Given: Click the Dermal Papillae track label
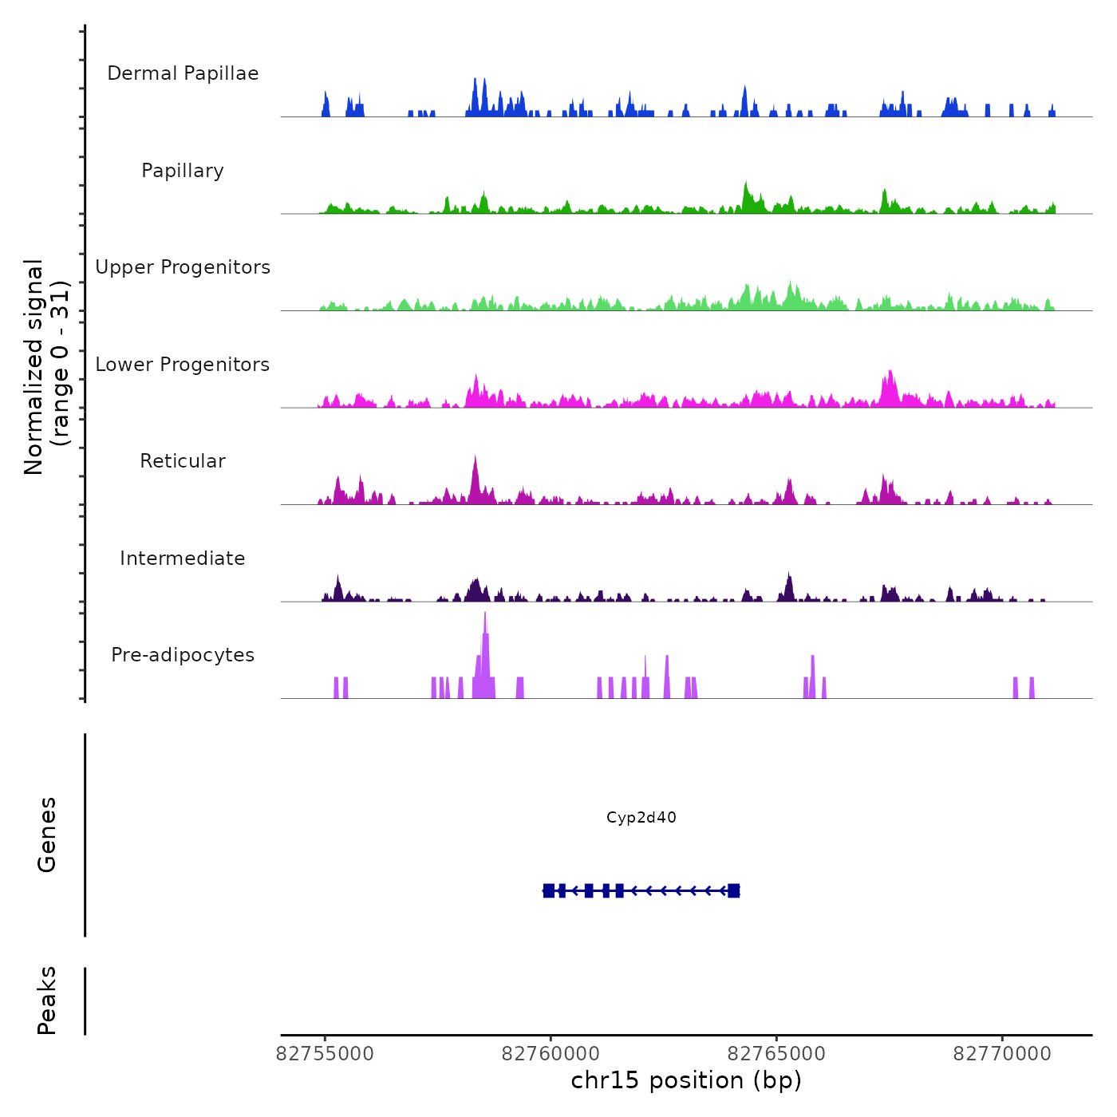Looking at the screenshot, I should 183,73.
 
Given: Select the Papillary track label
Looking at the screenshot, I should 183,171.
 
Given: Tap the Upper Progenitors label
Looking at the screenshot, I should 183,267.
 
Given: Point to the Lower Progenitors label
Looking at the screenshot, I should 183,365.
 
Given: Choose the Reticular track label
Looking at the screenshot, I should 183,461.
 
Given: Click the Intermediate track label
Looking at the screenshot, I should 183,558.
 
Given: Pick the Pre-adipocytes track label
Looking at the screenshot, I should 183,655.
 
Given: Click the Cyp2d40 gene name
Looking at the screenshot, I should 641,818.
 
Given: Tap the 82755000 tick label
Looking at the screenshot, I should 325,1054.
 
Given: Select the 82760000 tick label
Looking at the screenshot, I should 551,1054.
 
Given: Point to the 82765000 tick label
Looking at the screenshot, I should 776,1054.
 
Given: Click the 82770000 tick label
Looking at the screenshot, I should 1002,1054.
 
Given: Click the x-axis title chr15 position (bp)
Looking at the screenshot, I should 686,1080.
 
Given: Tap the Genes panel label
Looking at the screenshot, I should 47,835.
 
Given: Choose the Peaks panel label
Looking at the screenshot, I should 47,1001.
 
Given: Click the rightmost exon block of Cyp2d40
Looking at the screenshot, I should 734,890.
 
